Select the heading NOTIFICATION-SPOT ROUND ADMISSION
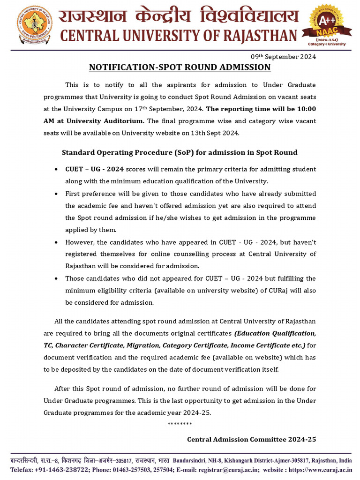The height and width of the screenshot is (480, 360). click(180, 67)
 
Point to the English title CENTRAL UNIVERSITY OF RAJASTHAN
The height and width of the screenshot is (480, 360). click(178, 36)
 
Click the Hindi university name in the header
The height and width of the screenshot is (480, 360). click(178, 16)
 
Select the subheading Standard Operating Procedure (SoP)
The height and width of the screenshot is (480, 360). click(180, 153)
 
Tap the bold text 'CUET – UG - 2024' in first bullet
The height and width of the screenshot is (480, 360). click(94, 169)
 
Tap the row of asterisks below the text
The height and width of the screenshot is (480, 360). click(180, 424)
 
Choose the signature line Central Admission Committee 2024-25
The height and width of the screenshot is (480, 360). click(251, 440)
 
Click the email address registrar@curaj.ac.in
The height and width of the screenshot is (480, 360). click(227, 469)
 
